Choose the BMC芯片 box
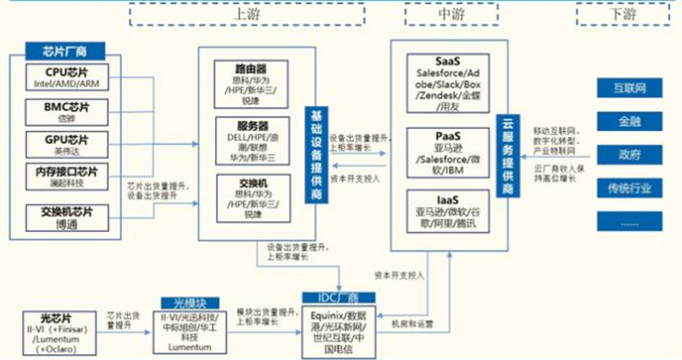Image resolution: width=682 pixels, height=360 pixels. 66,111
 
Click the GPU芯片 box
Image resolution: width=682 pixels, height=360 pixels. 66,145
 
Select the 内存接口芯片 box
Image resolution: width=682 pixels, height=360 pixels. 66,179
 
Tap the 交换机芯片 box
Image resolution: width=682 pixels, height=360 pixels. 66,217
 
